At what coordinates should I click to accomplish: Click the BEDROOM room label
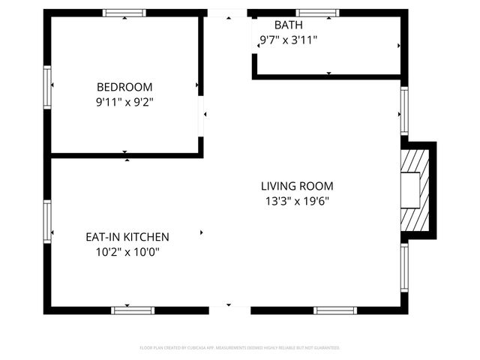pyautogui.click(x=124, y=86)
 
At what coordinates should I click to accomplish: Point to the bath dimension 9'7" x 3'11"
pyautogui.click(x=289, y=40)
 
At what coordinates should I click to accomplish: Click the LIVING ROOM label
pyautogui.click(x=297, y=186)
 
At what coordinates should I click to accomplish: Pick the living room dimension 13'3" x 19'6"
pyautogui.click(x=297, y=201)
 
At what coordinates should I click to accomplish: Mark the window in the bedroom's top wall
pyautogui.click(x=124, y=13)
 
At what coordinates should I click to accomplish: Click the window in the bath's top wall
pyautogui.click(x=317, y=13)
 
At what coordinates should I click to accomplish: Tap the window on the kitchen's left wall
pyautogui.click(x=47, y=222)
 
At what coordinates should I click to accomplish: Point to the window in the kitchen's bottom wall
pyautogui.click(x=133, y=310)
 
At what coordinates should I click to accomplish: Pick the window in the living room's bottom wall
pyautogui.click(x=335, y=310)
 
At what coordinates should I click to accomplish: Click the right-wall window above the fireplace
pyautogui.click(x=404, y=111)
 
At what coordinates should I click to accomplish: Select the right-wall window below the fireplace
pyautogui.click(x=404, y=268)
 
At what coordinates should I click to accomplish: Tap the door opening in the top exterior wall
pyautogui.click(x=226, y=13)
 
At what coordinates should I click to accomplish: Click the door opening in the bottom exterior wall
pyautogui.click(x=229, y=310)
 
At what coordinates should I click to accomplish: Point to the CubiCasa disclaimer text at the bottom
pyautogui.click(x=240, y=348)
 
